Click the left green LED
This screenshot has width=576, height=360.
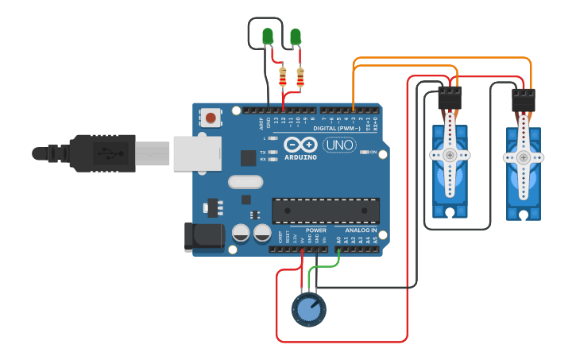(268, 36)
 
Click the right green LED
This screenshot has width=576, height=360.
(296, 37)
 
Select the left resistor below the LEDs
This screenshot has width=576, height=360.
(284, 78)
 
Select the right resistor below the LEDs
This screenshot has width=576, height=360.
(300, 78)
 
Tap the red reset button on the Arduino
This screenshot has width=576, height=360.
(211, 118)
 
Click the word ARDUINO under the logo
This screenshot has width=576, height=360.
(299, 157)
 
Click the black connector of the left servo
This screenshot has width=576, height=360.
(450, 99)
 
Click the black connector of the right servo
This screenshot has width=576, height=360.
(524, 99)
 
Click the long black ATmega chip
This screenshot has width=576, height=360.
(326, 211)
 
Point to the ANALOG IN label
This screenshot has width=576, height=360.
(361, 230)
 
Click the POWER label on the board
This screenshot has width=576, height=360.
(316, 230)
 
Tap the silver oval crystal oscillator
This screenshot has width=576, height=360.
(245, 182)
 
